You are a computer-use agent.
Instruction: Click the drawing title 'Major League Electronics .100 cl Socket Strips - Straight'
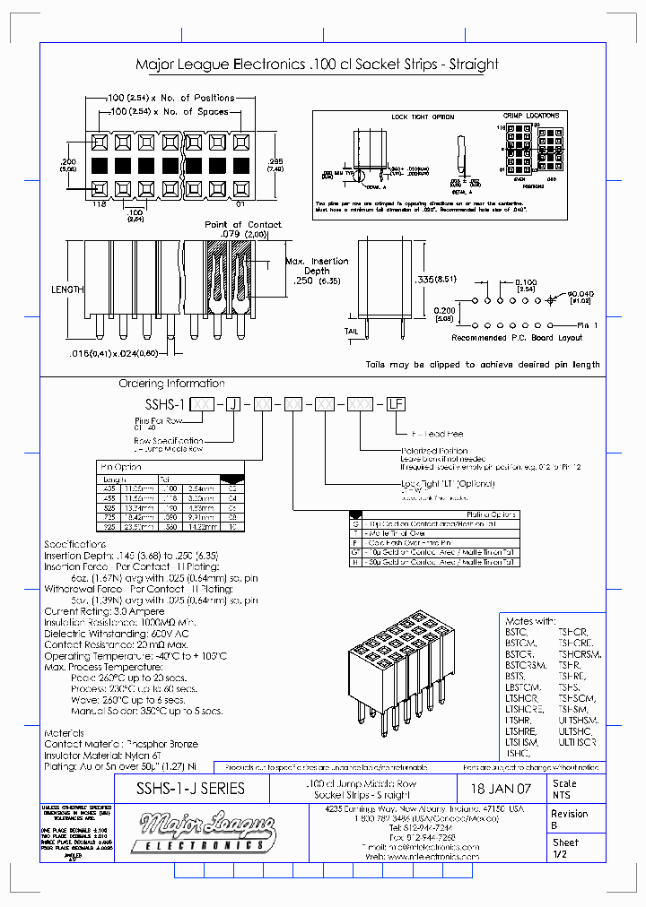(x=317, y=65)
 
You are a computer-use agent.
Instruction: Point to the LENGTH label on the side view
(x=67, y=289)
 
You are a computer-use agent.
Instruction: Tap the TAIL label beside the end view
(x=352, y=330)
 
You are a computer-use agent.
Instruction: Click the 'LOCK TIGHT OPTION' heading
(x=423, y=117)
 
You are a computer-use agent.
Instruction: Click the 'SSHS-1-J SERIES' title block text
(x=189, y=789)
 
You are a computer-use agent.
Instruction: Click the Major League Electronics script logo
(x=203, y=829)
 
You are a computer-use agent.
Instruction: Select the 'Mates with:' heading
(x=531, y=620)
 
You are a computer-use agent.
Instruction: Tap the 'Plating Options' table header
(x=492, y=514)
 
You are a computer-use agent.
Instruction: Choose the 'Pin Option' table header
(x=122, y=467)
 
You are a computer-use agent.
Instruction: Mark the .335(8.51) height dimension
(x=438, y=279)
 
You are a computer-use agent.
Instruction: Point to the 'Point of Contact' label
(x=242, y=225)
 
